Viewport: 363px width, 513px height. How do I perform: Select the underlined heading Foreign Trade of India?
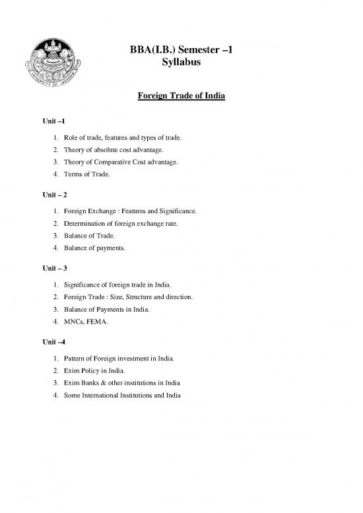tap(181, 97)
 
